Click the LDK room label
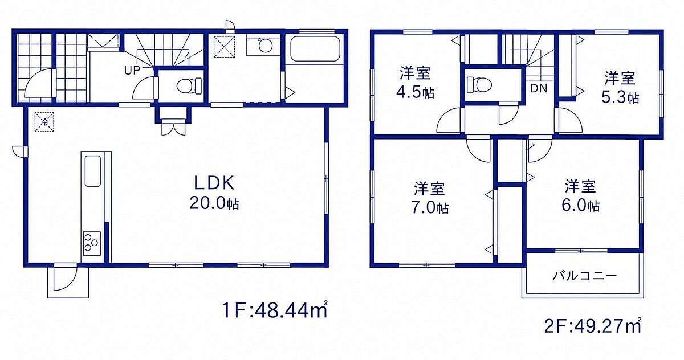pyautogui.click(x=214, y=183)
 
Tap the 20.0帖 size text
pyautogui.click(x=214, y=203)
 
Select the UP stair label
pyautogui.click(x=132, y=71)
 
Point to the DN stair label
pyautogui.click(x=539, y=88)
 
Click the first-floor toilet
pyautogui.click(x=189, y=85)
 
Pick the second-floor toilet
pyautogui.click(x=479, y=84)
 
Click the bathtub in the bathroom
pyautogui.click(x=315, y=49)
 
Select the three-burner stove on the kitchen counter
pyautogui.click(x=92, y=243)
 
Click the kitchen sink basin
pyautogui.click(x=92, y=171)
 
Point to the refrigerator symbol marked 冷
pyautogui.click(x=44, y=122)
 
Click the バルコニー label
pyautogui.click(x=584, y=276)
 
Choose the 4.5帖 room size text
pyautogui.click(x=415, y=92)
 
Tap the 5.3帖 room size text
pyautogui.click(x=620, y=97)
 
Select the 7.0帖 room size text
pyautogui.click(x=430, y=208)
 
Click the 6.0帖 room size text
pyautogui.click(x=580, y=205)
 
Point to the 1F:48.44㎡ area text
pyautogui.click(x=275, y=310)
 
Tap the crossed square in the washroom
pyautogui.click(x=224, y=46)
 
